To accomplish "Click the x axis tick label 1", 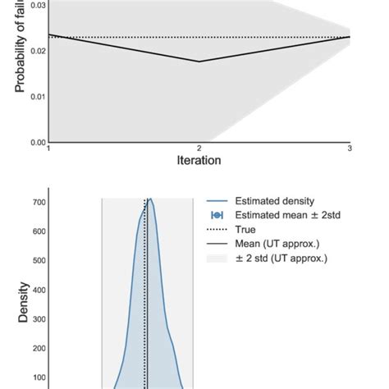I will coord(49,149).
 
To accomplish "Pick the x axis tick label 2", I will coord(199,149).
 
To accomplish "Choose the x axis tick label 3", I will coord(350,149).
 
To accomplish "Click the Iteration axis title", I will coord(199,161).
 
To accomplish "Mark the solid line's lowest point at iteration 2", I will coord(199,62).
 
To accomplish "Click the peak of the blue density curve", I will coord(149,199).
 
